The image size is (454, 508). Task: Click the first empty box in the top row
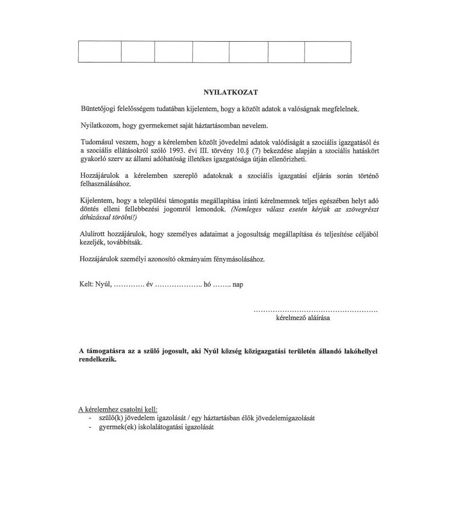100,52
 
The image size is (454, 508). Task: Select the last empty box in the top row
327,52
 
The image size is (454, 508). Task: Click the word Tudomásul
99,143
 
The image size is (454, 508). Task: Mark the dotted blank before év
129,284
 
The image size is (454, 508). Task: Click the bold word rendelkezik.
98,360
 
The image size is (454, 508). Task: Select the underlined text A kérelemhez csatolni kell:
118,409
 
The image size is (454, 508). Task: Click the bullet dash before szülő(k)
89,418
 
